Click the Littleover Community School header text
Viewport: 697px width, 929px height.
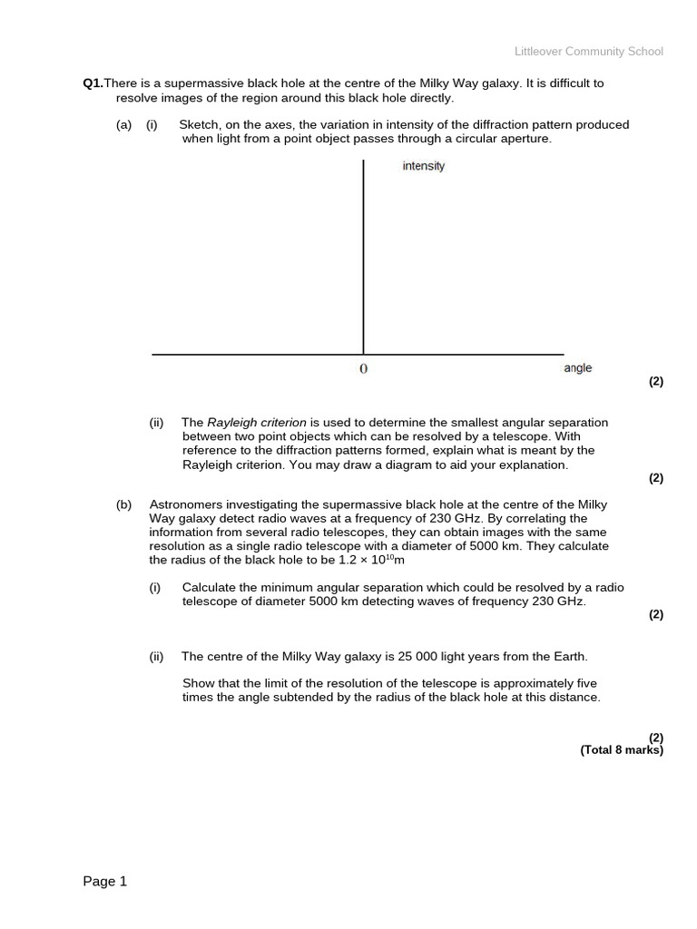588,52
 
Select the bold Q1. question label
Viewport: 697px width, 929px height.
93,83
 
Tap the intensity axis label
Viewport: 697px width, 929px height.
424,166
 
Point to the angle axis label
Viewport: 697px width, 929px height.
577,367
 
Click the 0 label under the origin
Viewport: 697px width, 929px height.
364,368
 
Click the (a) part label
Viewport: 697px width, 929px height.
123,125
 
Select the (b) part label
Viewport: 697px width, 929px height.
123,504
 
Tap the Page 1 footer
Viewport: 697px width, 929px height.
105,881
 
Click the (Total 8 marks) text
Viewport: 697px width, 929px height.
622,750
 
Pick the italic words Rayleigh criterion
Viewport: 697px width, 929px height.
257,423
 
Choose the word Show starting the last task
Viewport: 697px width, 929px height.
199,683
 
